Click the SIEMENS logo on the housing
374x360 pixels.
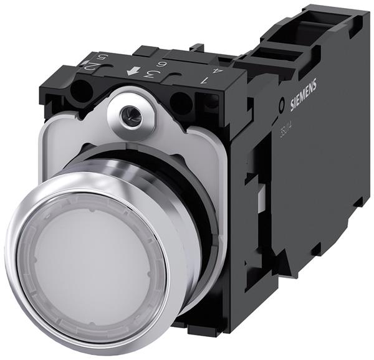click(x=302, y=88)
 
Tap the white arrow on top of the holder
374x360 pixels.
click(x=132, y=72)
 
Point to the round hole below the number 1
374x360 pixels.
click(x=180, y=101)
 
